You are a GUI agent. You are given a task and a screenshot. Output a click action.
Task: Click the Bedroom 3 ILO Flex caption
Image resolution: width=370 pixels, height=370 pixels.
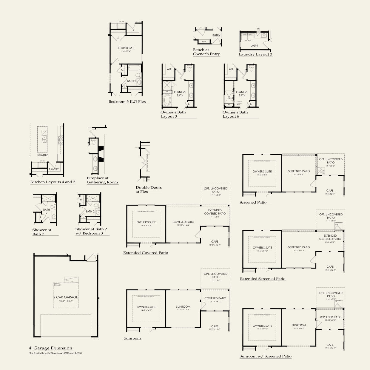127,101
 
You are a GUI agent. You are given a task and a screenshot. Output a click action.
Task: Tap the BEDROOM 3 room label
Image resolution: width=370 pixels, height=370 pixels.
126,48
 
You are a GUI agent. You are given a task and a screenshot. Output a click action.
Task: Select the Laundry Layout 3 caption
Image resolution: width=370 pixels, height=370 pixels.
255,54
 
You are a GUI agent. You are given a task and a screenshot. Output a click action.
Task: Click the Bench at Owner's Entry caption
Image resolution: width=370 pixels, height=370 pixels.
206,52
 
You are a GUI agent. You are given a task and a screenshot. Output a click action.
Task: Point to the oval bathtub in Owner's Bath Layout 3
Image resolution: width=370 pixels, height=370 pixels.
168,100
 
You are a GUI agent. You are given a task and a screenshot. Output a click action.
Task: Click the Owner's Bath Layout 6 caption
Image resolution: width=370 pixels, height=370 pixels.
235,114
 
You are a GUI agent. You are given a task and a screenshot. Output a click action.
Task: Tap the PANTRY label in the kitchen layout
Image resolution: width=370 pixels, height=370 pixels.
54,169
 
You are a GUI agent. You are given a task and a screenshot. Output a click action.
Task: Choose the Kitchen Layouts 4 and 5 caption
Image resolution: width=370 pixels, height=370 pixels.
53,182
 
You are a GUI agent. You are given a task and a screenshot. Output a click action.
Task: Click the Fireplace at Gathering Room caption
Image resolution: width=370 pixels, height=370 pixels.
102,180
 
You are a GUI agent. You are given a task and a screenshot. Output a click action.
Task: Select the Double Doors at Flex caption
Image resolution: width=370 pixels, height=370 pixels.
149,189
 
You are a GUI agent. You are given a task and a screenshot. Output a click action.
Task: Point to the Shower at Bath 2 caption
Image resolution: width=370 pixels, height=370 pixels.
42,232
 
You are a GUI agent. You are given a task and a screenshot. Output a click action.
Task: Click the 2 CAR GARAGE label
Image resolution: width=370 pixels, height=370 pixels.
66,297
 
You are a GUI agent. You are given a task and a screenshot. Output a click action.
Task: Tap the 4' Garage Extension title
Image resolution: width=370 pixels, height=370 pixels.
50,348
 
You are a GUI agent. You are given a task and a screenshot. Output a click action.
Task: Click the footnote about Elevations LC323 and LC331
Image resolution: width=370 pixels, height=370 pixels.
55,353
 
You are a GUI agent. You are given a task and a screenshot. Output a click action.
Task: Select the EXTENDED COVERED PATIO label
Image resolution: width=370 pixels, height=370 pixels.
215,212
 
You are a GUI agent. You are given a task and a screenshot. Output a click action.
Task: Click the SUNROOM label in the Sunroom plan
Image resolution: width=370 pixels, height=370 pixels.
183,307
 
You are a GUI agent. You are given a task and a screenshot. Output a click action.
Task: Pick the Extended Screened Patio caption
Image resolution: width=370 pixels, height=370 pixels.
263,279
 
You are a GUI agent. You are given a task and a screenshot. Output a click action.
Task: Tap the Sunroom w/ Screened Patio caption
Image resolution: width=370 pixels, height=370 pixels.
265,356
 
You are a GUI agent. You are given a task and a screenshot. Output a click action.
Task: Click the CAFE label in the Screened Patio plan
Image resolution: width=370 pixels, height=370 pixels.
330,191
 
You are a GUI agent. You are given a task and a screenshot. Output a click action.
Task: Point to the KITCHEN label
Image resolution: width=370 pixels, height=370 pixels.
43,155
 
